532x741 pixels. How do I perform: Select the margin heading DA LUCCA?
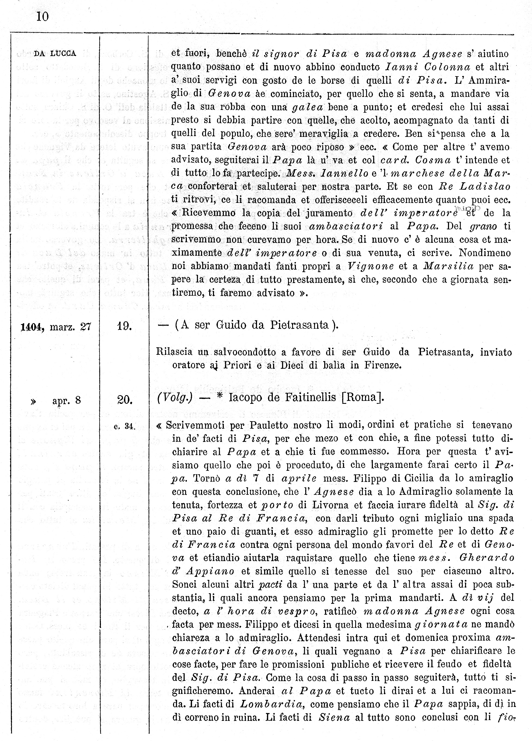(x=55, y=54)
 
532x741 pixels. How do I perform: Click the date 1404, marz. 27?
(x=55, y=327)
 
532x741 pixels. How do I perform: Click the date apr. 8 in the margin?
(x=67, y=400)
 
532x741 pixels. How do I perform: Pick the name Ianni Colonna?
(x=428, y=67)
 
